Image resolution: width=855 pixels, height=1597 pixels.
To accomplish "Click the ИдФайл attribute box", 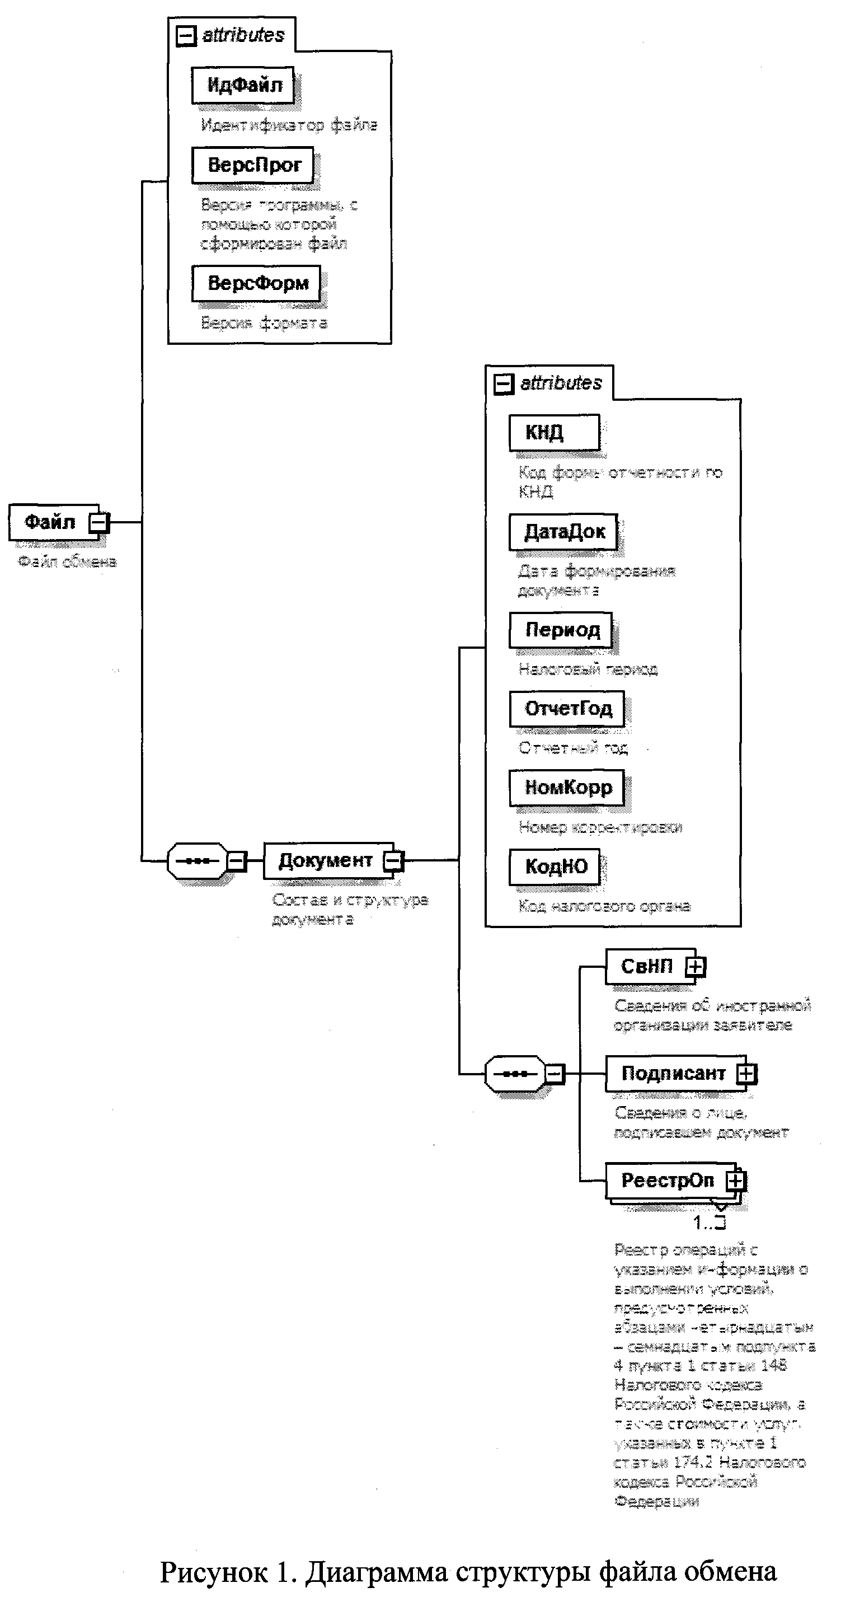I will [x=242, y=85].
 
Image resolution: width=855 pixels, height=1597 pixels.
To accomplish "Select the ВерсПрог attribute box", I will [x=253, y=165].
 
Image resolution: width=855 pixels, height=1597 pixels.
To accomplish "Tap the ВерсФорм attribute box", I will [x=256, y=283].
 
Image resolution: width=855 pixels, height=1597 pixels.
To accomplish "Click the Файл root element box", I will [x=50, y=522].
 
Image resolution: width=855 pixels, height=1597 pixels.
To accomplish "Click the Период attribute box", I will [x=561, y=630].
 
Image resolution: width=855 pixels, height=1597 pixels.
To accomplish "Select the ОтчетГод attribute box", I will [x=567, y=709].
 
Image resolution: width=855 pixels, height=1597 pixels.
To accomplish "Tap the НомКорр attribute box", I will [x=567, y=788].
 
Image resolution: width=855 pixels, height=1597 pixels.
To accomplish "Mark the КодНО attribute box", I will [x=555, y=866].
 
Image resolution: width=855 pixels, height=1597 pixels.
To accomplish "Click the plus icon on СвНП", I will [x=695, y=967].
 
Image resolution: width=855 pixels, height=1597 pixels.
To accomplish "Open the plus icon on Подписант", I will [x=747, y=1073].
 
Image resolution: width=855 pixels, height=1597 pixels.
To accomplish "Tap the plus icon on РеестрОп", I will [x=735, y=1181].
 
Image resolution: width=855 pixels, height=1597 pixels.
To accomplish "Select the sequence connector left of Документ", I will [x=197, y=860].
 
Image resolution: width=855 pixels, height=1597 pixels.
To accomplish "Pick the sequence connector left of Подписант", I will [x=514, y=1074].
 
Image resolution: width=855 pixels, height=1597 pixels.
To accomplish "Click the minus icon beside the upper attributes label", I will [x=186, y=36].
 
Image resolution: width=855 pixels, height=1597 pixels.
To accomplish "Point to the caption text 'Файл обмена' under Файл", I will [x=67, y=561].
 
